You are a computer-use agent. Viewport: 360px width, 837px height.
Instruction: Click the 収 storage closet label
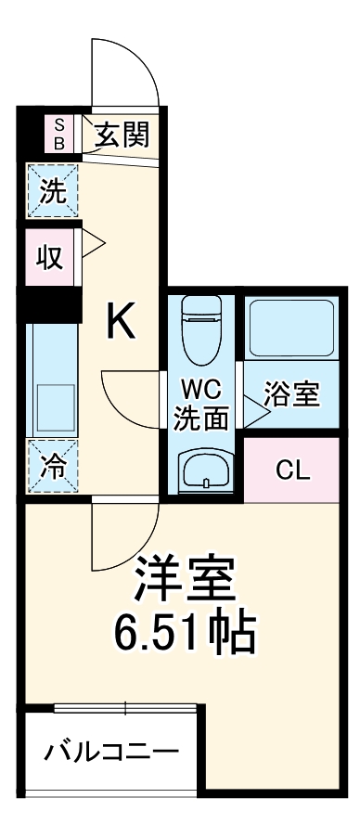click(49, 256)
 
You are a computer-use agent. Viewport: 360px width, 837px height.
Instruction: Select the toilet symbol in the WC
click(201, 329)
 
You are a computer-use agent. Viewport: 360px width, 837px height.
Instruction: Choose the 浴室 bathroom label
click(291, 394)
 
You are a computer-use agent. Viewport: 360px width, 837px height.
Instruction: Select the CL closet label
click(290, 470)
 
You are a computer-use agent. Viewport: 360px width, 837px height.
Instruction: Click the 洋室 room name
click(186, 581)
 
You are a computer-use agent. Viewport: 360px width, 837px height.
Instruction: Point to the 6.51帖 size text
click(186, 634)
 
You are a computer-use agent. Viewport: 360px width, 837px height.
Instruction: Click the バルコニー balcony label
click(111, 750)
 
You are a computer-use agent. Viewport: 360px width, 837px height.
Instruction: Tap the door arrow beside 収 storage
click(94, 247)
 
